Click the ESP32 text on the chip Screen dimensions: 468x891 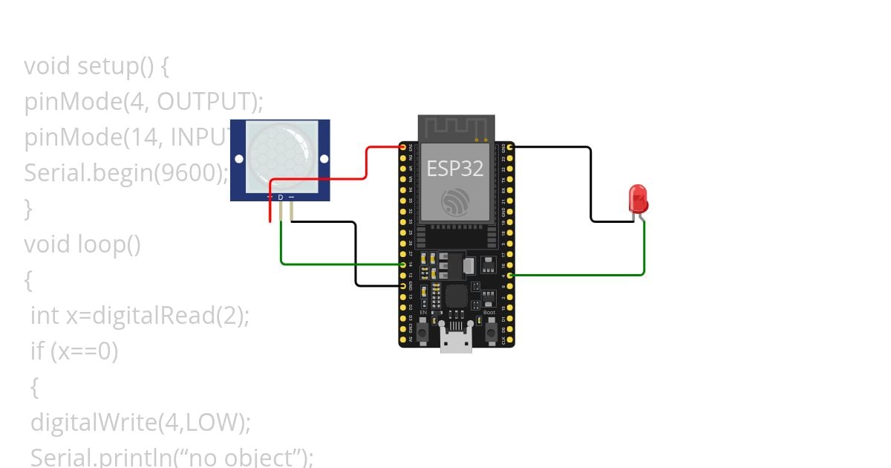coord(454,169)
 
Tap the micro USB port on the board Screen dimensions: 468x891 coord(456,341)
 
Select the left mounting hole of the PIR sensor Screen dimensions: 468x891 coord(238,159)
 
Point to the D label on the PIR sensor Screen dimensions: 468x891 coord(281,198)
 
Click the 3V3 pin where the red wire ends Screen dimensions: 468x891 coord(404,148)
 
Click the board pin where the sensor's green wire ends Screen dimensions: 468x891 coord(404,264)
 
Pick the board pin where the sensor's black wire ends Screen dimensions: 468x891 coord(404,285)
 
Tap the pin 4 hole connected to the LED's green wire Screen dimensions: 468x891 coord(509,276)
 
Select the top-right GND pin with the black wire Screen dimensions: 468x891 coord(509,148)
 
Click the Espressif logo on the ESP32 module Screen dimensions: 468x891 coord(454,202)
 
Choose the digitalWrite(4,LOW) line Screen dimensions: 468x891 coord(140,423)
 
